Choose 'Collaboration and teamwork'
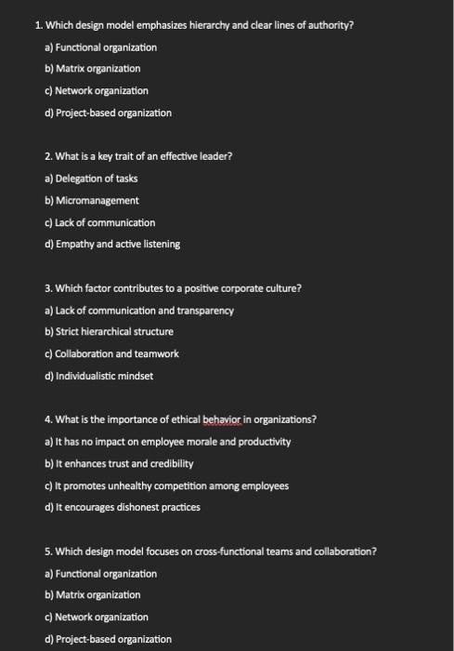click(x=104, y=353)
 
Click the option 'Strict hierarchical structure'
click(x=109, y=332)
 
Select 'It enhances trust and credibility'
click(x=118, y=463)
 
